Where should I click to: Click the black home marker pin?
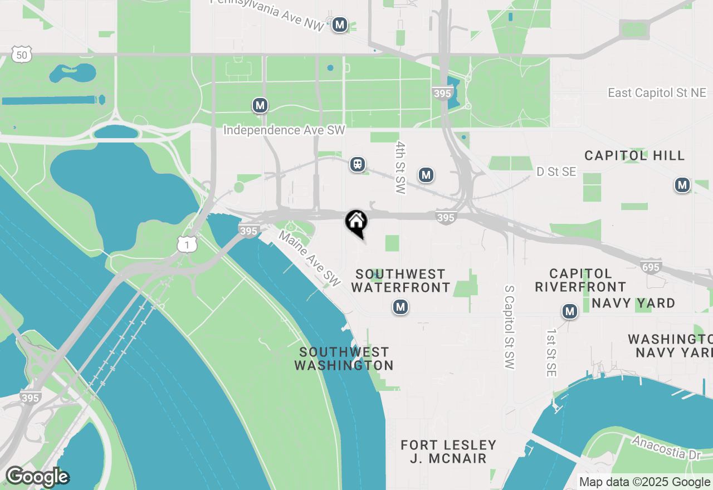coord(356,222)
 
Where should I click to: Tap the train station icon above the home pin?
coord(357,164)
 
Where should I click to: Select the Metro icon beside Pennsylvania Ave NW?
coord(340,24)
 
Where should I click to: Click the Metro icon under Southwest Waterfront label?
coord(400,306)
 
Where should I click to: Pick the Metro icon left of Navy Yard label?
coord(569,311)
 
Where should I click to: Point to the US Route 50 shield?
coord(21,55)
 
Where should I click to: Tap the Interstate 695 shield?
coord(651,267)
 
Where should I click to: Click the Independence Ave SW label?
coord(284,130)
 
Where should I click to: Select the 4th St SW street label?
coord(401,167)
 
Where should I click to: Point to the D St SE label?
coord(556,172)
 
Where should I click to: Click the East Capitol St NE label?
coord(657,93)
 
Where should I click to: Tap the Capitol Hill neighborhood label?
coord(634,155)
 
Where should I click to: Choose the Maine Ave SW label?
coord(309,259)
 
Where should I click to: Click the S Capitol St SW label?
coord(509,327)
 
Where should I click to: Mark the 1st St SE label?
coord(551,352)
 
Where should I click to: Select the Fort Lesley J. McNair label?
coord(448,452)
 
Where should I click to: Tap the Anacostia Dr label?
coord(666,447)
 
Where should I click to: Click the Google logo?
coord(37,477)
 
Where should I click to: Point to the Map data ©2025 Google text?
coord(644,482)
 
